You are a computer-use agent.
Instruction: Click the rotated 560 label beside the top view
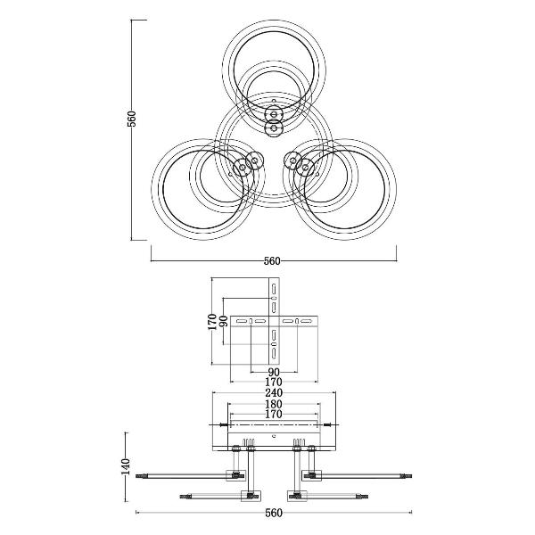point(132,119)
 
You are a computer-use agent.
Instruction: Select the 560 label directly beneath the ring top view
point(272,261)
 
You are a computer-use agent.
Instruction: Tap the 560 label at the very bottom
point(274,513)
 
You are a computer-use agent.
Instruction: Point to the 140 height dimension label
point(126,466)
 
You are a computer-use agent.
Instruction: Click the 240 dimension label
point(274,392)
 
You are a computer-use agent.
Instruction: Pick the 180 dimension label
point(274,404)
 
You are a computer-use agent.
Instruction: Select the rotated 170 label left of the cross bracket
point(212,322)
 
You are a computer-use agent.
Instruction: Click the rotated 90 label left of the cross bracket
point(223,321)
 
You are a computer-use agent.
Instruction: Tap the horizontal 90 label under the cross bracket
point(274,372)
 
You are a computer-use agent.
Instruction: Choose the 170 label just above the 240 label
point(274,383)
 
